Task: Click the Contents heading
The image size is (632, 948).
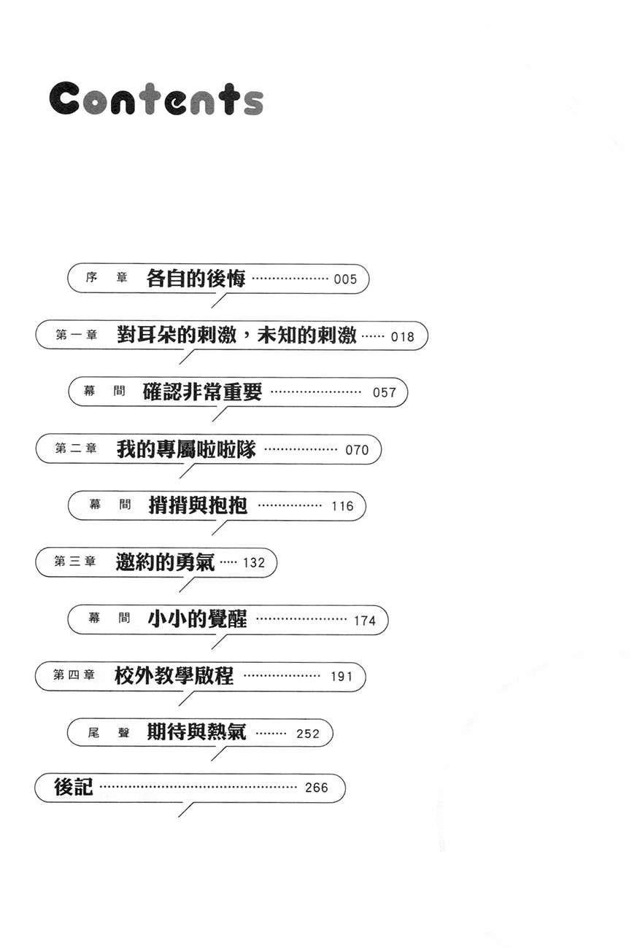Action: tap(156, 98)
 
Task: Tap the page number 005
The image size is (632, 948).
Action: tap(345, 279)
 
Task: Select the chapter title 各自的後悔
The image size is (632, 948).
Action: tap(196, 279)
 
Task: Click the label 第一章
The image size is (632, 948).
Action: tap(76, 335)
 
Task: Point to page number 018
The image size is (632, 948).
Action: tap(402, 336)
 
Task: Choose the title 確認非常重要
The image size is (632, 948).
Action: tap(202, 392)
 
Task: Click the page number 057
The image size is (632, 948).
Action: tap(384, 392)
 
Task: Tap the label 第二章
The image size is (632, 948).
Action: tap(76, 448)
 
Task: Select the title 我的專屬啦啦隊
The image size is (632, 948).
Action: tap(186, 449)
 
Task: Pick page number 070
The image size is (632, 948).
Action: tap(357, 449)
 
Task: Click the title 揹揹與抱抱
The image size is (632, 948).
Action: tap(198, 505)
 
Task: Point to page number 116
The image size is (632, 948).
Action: tap(342, 506)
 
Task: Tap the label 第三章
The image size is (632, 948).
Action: tap(75, 562)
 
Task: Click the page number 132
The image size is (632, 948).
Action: tap(254, 562)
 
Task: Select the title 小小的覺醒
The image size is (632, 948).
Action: tap(197, 619)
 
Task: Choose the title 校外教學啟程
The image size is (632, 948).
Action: tap(174, 675)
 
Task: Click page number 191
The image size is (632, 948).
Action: tap(342, 676)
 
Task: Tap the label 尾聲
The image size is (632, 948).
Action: tap(108, 732)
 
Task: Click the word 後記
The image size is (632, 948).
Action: tap(73, 787)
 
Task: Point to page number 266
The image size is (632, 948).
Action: tap(317, 788)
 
